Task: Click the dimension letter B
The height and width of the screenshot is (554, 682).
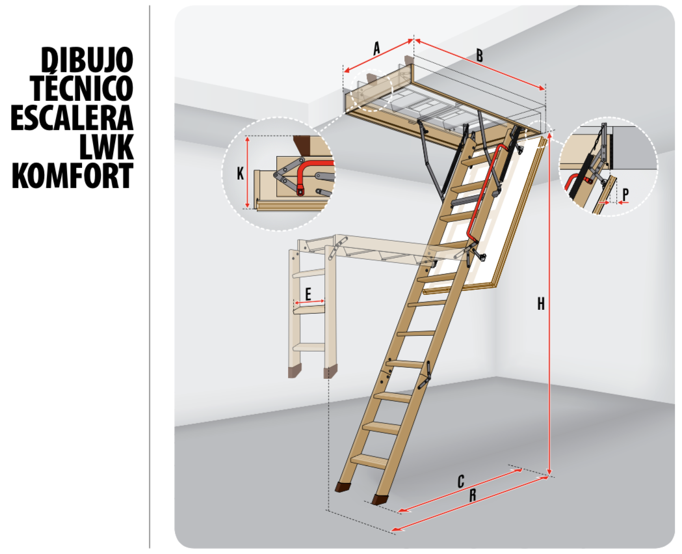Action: click(x=479, y=55)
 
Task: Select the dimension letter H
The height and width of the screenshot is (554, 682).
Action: click(x=541, y=303)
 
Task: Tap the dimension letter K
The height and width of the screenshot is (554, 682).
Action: click(x=240, y=174)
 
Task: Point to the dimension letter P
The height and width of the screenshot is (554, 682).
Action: click(x=625, y=193)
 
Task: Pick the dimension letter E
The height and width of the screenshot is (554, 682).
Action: click(x=309, y=294)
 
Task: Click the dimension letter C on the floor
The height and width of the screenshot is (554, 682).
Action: click(x=461, y=482)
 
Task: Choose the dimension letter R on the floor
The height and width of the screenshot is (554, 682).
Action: click(x=473, y=495)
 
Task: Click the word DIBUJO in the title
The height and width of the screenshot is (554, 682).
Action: click(x=87, y=60)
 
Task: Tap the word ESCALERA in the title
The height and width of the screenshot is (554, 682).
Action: click(x=72, y=117)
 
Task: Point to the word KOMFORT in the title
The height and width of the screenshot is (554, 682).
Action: click(x=72, y=176)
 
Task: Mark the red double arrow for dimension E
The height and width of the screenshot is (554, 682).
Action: click(x=309, y=303)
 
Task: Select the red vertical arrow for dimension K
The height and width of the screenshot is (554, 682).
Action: click(x=247, y=173)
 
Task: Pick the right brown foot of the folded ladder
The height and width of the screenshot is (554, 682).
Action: click(x=330, y=373)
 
